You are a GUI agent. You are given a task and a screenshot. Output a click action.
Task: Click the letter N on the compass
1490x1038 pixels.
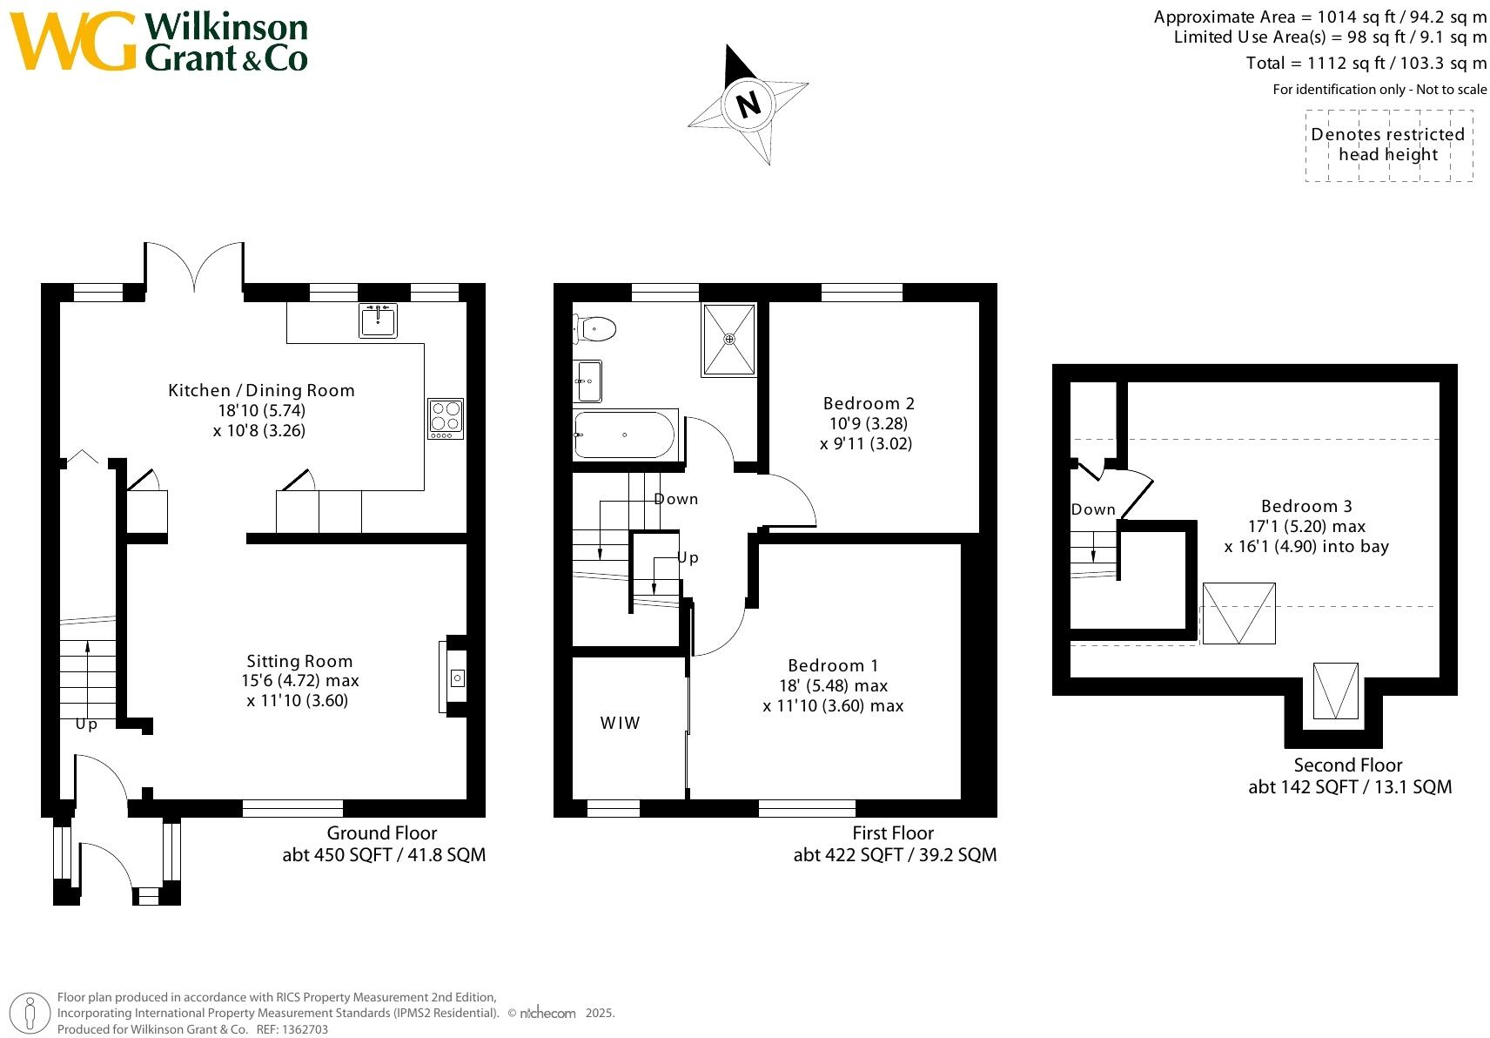pos(748,104)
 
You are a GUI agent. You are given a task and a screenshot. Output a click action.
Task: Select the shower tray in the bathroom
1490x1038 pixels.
pos(728,339)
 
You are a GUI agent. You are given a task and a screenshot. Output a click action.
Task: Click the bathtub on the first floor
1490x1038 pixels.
pos(623,435)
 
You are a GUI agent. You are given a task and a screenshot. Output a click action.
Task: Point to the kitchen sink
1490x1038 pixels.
pos(378,320)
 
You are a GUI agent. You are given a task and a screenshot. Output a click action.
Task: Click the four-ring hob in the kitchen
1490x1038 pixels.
pos(446,419)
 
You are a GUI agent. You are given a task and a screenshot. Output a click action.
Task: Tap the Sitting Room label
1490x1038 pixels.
pos(299,661)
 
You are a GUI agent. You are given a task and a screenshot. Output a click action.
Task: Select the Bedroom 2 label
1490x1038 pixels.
pos(869,403)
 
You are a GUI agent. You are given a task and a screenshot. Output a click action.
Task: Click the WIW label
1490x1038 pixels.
pos(620,723)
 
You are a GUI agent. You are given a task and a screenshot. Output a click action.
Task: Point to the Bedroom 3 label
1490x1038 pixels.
pos(1306,506)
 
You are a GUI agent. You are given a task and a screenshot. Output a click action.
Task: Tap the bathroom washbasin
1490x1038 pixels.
pos(588,381)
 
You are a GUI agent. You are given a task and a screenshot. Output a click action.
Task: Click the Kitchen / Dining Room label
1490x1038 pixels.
pos(261,390)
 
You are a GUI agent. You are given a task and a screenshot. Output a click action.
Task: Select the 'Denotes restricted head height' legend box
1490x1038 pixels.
pos(1388,145)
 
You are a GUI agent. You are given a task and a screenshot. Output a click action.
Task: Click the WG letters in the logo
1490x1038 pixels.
pos(73,42)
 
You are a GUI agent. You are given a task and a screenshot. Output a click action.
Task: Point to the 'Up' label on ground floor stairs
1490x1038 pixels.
pos(86,724)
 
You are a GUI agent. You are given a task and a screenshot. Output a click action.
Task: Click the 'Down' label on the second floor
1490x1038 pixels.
pos(1093,509)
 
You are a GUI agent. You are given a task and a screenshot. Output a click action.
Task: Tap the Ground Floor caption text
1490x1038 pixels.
pos(382,833)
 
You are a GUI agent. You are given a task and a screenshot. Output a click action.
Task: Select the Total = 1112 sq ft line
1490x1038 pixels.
pos(1366,63)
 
